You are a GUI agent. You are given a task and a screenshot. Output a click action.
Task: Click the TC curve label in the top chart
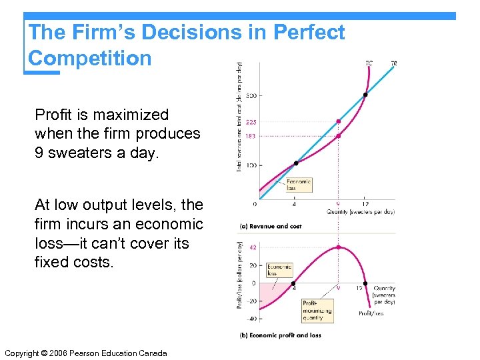[369, 63]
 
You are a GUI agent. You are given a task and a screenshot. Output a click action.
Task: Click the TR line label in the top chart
[394, 63]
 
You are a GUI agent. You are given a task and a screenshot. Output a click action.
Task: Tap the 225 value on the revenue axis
[251, 122]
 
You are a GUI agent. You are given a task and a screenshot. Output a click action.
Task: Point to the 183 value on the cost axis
[251, 136]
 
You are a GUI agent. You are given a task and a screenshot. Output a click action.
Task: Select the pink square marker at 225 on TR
[339, 121]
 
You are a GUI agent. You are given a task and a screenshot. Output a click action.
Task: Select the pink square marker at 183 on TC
[339, 136]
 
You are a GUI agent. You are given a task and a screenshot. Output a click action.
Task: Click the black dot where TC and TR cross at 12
[365, 95]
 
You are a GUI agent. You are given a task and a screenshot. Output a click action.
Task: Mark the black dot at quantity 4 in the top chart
[296, 163]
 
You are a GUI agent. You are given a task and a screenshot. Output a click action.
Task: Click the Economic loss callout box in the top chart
[298, 185]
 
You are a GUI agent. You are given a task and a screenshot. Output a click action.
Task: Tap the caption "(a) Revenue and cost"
[270, 226]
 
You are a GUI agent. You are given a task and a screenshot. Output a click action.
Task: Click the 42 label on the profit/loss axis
[252, 247]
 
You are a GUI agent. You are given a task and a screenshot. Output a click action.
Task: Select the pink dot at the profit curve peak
[339, 247]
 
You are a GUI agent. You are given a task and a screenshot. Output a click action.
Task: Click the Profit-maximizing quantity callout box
[317, 307]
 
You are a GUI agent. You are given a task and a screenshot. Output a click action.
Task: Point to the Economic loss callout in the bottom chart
[279, 270]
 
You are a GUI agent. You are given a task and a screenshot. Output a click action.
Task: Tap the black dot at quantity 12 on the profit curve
[365, 283]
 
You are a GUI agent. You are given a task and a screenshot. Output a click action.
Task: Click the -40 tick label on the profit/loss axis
[251, 319]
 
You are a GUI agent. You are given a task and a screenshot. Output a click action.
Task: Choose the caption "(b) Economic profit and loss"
[280, 335]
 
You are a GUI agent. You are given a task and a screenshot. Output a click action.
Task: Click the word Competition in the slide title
[90, 58]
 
